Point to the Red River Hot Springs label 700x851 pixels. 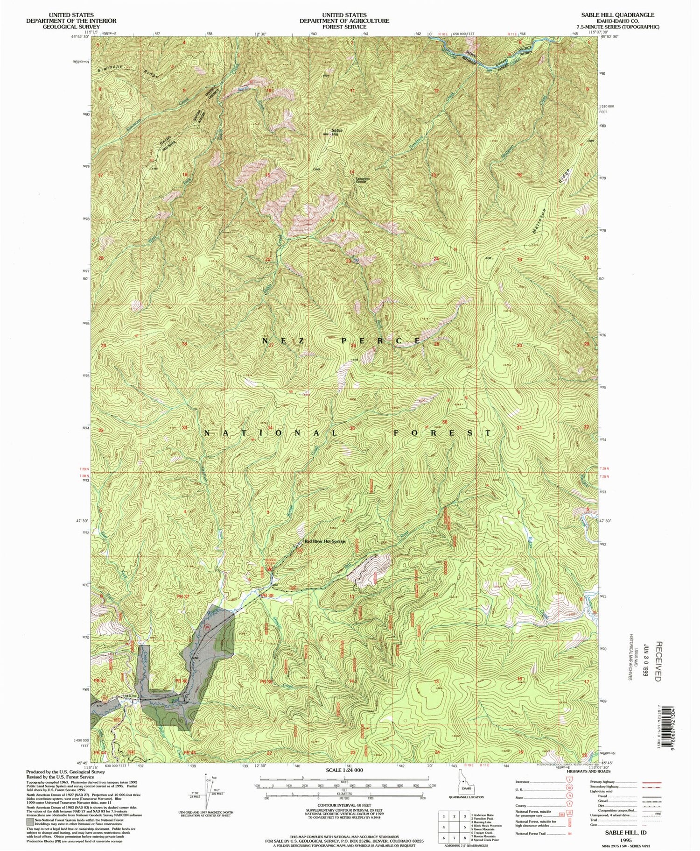click(x=326, y=541)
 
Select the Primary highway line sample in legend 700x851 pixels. click(x=653, y=781)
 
